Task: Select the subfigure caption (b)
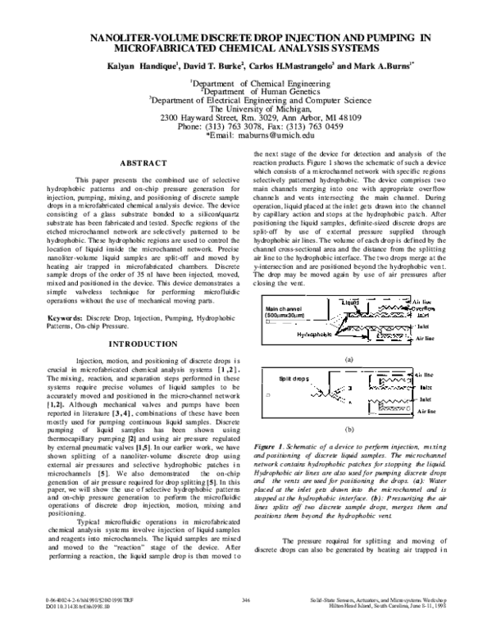(x=349, y=429)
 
